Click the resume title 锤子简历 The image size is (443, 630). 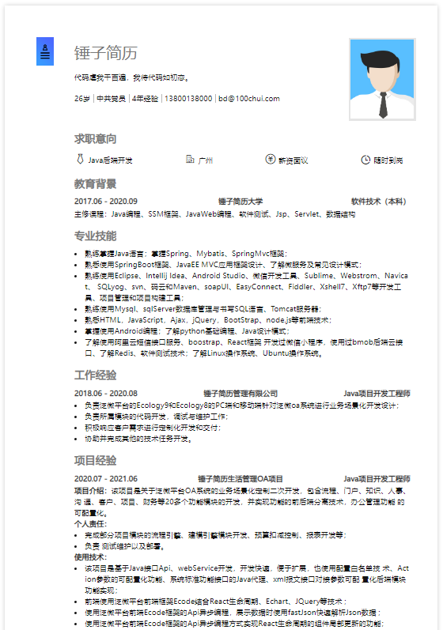(105, 53)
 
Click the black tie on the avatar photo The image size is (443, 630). (382, 102)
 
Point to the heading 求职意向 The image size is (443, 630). (96, 138)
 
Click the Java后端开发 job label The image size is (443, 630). (110, 160)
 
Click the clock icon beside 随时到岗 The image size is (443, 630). (365, 160)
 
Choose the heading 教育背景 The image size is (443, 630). (96, 184)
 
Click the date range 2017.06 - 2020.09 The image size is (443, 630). (106, 202)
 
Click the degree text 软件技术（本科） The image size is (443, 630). (380, 202)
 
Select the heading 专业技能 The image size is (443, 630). (96, 236)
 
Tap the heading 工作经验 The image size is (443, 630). (96, 375)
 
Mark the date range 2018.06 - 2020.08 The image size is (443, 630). (106, 393)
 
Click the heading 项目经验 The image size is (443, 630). (96, 460)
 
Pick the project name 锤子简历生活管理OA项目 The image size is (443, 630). (240, 478)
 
